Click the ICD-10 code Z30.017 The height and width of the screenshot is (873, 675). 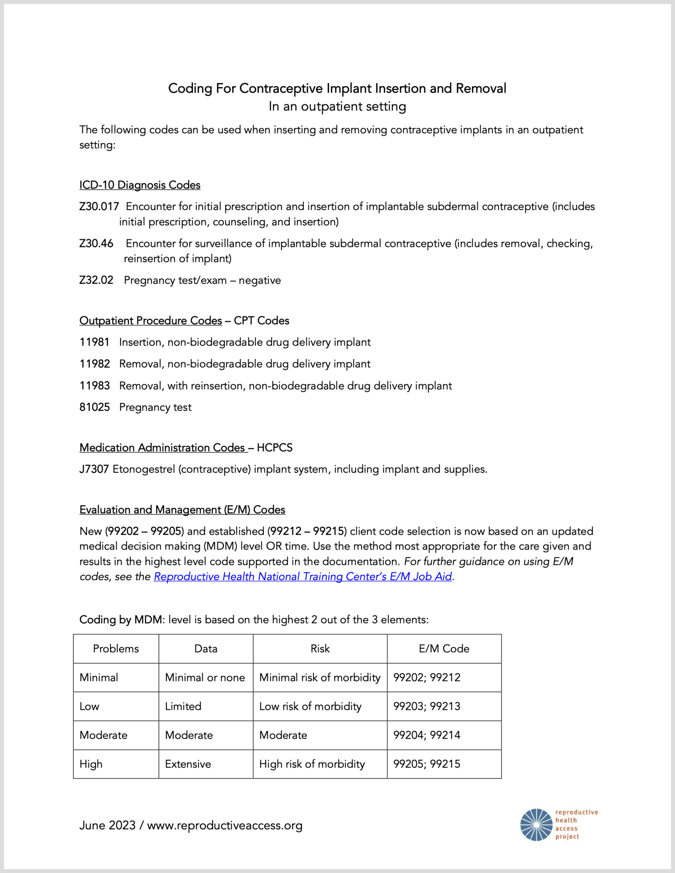point(99,207)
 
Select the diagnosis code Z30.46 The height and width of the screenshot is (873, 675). point(96,243)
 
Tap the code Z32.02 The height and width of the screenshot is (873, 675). point(96,280)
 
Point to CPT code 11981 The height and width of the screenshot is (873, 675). point(94,342)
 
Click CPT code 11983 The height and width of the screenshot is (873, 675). point(94,386)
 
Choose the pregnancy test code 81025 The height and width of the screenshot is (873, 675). point(94,407)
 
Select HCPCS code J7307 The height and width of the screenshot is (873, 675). point(94,469)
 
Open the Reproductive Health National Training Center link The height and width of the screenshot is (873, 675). point(303,577)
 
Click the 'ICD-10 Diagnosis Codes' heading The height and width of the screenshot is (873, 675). point(140,185)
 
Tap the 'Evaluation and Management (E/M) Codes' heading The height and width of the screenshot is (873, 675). point(182,510)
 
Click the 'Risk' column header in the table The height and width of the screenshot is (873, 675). point(320,649)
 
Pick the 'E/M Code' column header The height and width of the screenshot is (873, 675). point(444,649)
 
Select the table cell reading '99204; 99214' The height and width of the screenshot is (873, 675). point(427,735)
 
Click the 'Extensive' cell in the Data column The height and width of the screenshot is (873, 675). point(188,764)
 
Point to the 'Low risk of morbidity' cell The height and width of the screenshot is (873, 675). point(310,706)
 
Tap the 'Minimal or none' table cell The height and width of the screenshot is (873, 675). point(205,678)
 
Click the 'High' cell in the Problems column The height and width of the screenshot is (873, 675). point(91,764)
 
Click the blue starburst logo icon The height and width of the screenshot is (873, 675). point(536,825)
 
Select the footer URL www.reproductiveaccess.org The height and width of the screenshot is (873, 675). point(225,825)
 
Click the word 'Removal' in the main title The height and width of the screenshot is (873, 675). point(481,88)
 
